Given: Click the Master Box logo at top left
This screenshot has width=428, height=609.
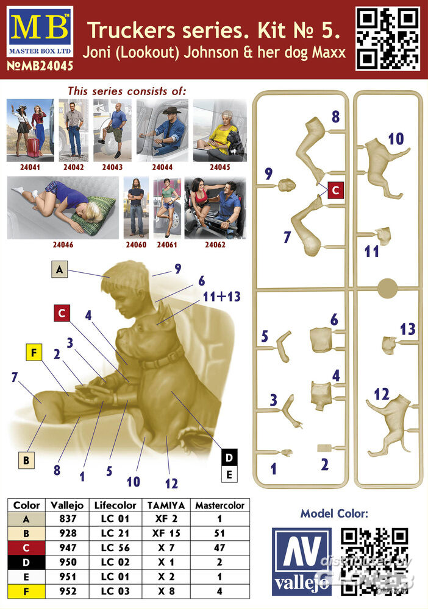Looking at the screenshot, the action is (x=40, y=32).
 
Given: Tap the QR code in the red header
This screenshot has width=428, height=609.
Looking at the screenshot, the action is (x=388, y=38).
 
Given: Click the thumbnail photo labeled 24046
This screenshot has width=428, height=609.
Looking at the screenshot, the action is (x=63, y=208).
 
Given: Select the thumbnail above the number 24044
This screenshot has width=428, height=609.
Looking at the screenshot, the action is (x=163, y=130).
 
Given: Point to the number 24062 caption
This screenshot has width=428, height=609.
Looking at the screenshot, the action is (x=215, y=245).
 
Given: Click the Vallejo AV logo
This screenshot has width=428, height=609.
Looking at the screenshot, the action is (x=302, y=561).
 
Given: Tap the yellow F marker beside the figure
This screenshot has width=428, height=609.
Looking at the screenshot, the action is (x=34, y=353).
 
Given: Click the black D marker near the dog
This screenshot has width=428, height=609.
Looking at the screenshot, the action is (x=229, y=457).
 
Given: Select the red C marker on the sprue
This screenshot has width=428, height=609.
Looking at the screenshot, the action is (x=336, y=190).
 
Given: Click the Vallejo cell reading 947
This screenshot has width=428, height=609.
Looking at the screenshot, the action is (x=68, y=547).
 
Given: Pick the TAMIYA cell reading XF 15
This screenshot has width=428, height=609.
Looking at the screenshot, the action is (x=166, y=533).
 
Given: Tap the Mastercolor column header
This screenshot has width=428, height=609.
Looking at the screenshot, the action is (x=219, y=505).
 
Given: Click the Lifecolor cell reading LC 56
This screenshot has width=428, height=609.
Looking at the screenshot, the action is (x=115, y=547).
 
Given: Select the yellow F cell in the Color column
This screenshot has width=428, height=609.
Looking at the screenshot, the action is (x=26, y=591).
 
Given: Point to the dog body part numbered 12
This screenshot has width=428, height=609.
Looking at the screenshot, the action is (x=391, y=424).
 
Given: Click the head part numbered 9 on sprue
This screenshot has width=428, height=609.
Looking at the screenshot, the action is (x=287, y=185).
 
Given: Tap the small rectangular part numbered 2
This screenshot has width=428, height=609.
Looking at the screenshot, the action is (x=324, y=448).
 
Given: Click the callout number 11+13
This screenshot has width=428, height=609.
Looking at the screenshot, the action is (x=221, y=297).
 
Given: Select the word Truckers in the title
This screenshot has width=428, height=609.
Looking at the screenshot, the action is (x=132, y=30).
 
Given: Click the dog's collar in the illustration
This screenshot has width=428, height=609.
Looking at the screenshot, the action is (x=163, y=358).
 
